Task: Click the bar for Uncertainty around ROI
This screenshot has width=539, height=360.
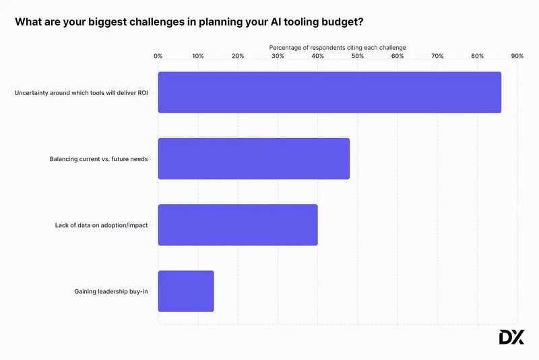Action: (329, 92)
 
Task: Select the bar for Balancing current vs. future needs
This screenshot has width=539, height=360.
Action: (253, 158)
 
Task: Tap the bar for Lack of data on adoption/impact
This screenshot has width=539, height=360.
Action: (237, 225)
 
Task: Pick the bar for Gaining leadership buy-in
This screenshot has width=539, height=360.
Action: (185, 291)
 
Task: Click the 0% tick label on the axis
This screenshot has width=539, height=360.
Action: (158, 56)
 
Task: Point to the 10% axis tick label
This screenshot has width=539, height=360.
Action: (198, 56)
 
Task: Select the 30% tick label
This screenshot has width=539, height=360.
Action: (278, 56)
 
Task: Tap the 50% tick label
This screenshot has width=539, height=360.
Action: (358, 56)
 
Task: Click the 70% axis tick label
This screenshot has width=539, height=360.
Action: (437, 56)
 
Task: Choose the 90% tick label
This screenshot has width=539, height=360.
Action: (517, 56)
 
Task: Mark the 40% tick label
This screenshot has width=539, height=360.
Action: (317, 56)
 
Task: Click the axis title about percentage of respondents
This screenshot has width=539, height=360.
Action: (338, 47)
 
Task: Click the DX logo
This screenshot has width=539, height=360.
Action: (511, 337)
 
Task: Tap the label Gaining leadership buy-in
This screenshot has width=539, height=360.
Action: (111, 291)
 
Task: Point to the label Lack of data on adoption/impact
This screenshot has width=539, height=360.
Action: (102, 225)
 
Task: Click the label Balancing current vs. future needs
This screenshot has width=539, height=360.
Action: (99, 159)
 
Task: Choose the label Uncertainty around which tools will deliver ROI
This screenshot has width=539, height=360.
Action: (82, 92)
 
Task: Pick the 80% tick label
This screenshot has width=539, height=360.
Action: (477, 56)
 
